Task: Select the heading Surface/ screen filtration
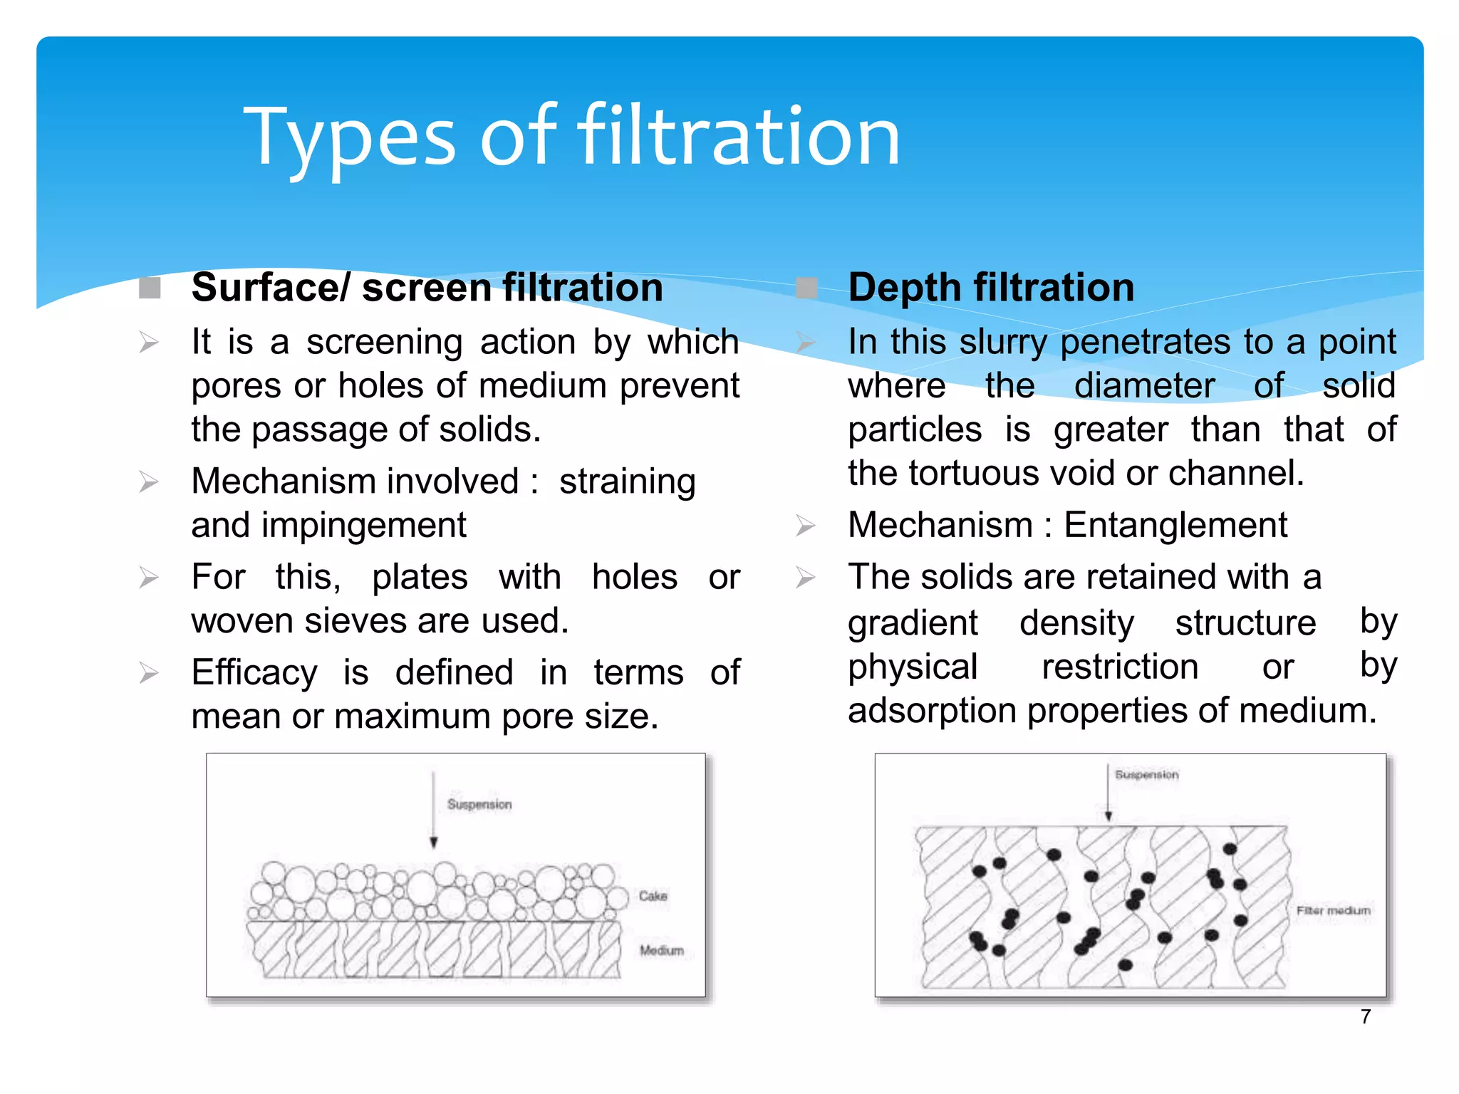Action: click(x=427, y=288)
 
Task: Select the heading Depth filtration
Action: click(x=990, y=288)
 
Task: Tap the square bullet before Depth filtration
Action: click(x=806, y=288)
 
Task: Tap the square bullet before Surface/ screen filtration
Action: click(x=150, y=288)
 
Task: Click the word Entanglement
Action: click(x=1175, y=526)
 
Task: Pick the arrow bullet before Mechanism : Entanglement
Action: click(x=805, y=526)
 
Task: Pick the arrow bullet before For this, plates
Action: click(x=148, y=578)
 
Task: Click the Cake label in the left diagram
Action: click(x=653, y=896)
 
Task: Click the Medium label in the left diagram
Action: click(x=661, y=951)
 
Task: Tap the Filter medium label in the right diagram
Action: click(x=1333, y=911)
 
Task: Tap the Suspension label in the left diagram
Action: click(x=479, y=804)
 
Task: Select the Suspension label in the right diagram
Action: click(x=1146, y=774)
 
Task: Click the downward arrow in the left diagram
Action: click(x=433, y=812)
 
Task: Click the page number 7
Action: click(x=1365, y=1016)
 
